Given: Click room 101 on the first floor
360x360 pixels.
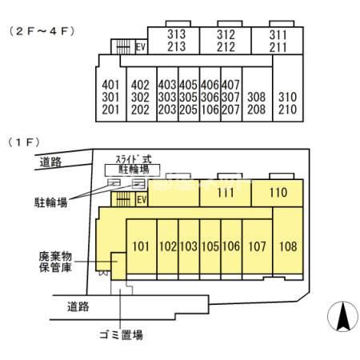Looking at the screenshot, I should (x=139, y=246).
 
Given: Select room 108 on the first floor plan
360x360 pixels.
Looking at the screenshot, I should (x=288, y=246).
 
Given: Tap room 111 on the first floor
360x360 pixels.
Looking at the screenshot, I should (x=225, y=193).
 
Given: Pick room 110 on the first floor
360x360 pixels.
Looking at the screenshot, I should (x=278, y=193).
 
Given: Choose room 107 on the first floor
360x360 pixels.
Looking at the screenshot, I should (x=257, y=246).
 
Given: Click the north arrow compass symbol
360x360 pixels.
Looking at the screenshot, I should (x=342, y=318).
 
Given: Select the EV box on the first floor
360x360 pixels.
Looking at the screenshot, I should (x=141, y=198).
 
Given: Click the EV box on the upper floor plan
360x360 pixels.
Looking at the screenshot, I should (x=141, y=47).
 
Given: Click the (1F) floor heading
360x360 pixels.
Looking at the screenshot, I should (x=23, y=142).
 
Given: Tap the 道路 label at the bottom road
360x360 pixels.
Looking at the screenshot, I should (x=78, y=306).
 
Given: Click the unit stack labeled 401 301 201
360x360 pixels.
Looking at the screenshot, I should (x=111, y=97).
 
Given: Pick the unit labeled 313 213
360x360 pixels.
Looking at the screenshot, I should (x=177, y=41).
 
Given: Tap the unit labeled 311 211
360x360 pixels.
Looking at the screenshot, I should (x=278, y=41).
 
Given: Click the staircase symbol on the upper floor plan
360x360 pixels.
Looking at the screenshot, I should (x=123, y=47).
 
